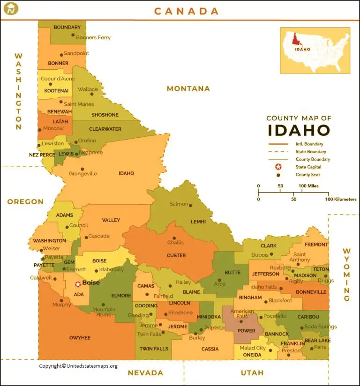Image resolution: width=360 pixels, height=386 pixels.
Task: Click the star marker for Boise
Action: [x=78, y=284]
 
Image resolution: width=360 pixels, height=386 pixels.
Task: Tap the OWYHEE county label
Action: [x=80, y=337]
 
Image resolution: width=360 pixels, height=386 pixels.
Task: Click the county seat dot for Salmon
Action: [x=191, y=204]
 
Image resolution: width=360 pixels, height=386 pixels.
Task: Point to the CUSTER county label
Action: [x=176, y=256]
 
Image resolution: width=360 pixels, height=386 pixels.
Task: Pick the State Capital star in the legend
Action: [x=278, y=167]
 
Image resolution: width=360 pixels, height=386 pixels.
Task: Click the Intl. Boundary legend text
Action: [x=309, y=144]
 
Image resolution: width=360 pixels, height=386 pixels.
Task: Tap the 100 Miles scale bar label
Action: [x=309, y=186]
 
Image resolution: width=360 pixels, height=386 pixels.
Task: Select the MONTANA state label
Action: [x=188, y=89]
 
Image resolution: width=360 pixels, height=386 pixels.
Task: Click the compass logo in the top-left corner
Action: [x=10, y=8]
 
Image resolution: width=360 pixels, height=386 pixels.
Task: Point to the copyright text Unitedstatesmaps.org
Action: [x=78, y=366]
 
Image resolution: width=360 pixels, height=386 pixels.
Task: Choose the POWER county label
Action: [x=247, y=331]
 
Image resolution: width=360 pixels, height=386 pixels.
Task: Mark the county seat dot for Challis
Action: [x=174, y=237]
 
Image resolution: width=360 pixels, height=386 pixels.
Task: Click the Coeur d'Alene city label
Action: [x=58, y=79]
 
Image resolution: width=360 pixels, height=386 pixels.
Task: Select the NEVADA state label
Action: [x=145, y=373]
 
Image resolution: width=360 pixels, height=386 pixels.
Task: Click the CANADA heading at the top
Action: [x=187, y=11]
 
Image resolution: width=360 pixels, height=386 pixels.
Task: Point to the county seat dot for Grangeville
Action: [x=83, y=169]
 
